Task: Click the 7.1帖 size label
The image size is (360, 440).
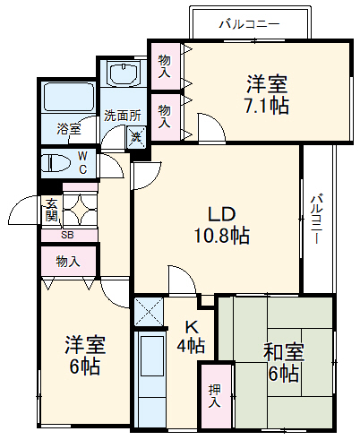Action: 267,106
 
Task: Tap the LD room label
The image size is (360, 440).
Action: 222,215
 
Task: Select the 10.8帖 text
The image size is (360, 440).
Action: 222,237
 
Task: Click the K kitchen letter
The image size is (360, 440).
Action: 191,327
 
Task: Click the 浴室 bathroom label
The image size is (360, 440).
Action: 68,129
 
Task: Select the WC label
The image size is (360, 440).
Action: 81,163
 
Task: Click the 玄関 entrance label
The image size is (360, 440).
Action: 51,211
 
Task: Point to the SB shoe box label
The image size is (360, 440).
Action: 67,236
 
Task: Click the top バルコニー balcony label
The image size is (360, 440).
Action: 249,24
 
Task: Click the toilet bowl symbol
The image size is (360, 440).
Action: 56,163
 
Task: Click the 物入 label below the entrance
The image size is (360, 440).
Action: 68,262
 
